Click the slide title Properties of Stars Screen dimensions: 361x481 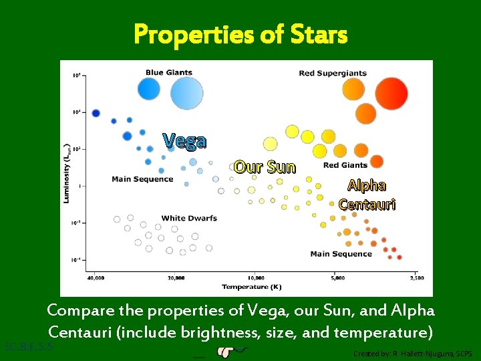click(x=240, y=33)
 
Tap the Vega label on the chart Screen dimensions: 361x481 click(x=185, y=141)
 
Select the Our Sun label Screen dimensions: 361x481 click(x=265, y=166)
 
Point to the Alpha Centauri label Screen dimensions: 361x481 click(x=367, y=195)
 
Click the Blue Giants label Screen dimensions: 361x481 click(x=169, y=73)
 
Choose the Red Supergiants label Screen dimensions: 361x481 click(x=333, y=73)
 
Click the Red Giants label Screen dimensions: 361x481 click(x=345, y=165)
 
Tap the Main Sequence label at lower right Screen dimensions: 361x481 click(x=341, y=254)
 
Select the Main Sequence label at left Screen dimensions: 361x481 click(x=142, y=178)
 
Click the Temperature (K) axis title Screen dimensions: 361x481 click(x=252, y=287)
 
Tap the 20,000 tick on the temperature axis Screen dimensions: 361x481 click(x=176, y=277)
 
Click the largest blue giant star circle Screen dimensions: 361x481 click(x=186, y=93)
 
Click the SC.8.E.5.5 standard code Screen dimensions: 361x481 click(x=28, y=346)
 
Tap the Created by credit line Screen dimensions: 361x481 click(x=413, y=353)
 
